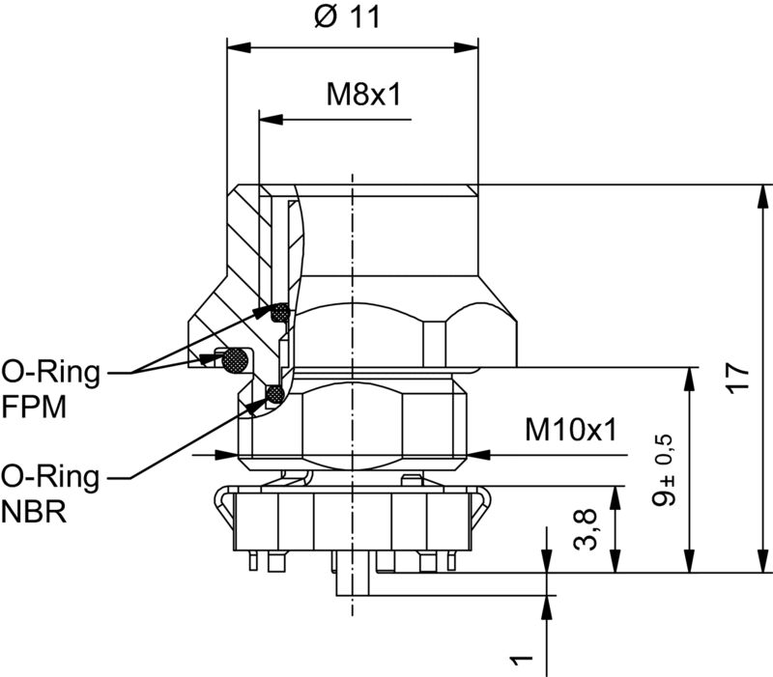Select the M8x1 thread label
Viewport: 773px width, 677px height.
(x=363, y=95)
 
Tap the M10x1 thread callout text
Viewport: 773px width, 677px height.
(x=570, y=430)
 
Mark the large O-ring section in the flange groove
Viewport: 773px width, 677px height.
(x=235, y=360)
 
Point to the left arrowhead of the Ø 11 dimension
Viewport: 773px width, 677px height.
(x=238, y=46)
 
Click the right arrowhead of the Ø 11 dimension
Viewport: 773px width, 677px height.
(x=468, y=46)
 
